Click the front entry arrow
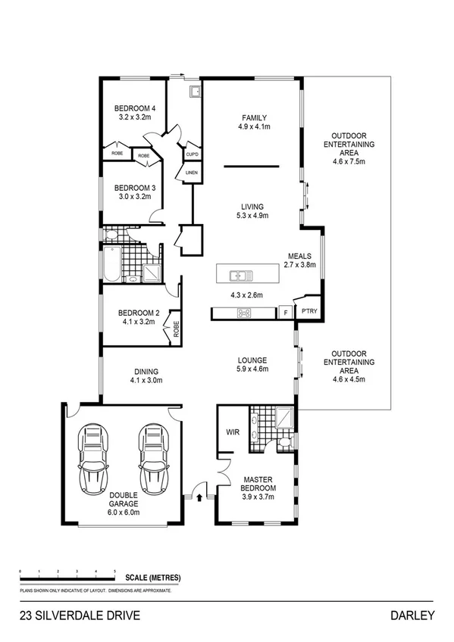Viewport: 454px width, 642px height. [200, 498]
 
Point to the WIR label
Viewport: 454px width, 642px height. [233, 433]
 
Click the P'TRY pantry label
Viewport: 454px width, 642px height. [308, 312]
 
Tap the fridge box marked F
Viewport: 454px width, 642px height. [285, 312]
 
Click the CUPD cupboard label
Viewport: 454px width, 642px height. [192, 154]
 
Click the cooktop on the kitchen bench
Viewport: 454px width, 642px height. [244, 313]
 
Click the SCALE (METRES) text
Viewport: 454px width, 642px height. [155, 577]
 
